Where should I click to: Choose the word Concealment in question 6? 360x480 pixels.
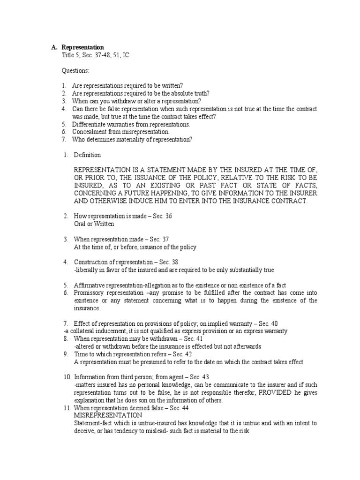pyautogui.click(x=91, y=132)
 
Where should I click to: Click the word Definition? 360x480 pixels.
pyautogui.click(x=87, y=155)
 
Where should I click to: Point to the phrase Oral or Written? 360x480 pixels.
pyautogui.click(x=94, y=224)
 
